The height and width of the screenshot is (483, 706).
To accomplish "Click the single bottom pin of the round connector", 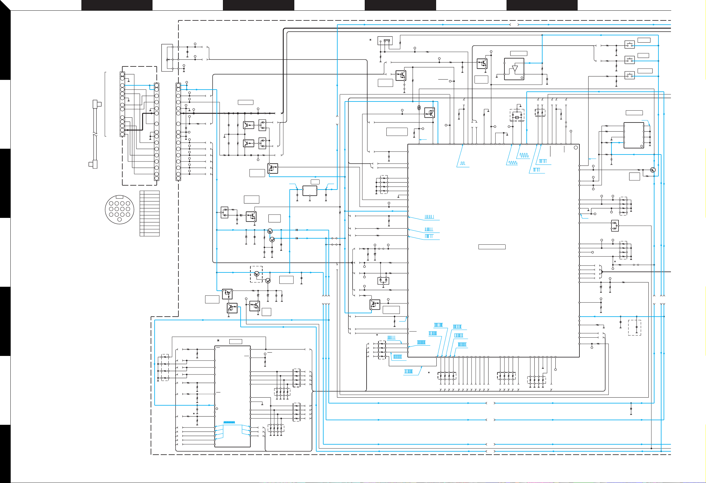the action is tap(119, 220).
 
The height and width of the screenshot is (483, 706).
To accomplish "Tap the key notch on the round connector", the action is tap(120, 197).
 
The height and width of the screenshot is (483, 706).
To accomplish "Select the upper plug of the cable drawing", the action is tap(97, 104).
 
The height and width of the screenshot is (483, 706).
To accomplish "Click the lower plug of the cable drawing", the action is tap(93, 164).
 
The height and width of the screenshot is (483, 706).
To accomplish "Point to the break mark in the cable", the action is tap(95, 134).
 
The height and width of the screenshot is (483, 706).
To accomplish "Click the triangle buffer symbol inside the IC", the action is tap(515, 69).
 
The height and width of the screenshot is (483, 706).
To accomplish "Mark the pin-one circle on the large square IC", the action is tap(575, 147).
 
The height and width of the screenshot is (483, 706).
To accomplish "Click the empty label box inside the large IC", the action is tap(492, 247).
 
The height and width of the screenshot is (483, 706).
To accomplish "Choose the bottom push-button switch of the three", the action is tap(629, 75).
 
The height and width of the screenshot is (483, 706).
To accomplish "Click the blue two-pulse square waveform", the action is tap(463, 164).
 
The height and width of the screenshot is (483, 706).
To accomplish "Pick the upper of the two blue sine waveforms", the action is tap(524, 155).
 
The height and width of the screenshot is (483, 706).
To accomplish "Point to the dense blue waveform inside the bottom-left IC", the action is tap(229, 422).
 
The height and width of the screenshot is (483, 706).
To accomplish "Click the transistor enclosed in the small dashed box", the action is tap(257, 274).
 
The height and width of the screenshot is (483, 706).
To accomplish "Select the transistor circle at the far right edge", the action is tap(653, 170).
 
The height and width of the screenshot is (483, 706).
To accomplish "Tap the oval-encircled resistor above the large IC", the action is tap(419, 107).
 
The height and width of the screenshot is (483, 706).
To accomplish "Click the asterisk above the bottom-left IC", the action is tap(218, 340).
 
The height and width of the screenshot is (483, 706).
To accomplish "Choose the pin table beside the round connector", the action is tap(149, 213).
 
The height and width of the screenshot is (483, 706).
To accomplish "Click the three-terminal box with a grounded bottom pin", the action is tap(310, 191).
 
